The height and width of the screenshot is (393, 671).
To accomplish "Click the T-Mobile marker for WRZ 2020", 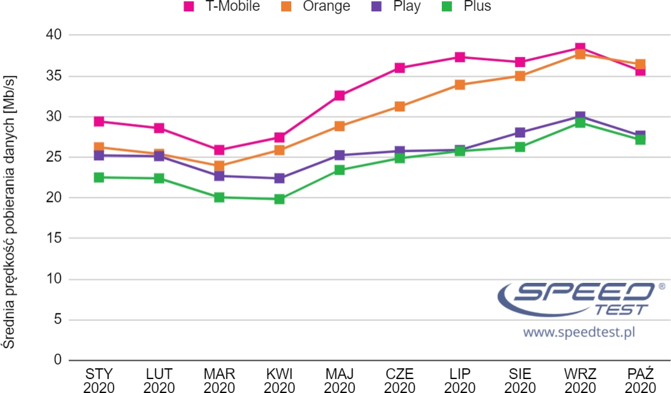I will pyautogui.click(x=580, y=48).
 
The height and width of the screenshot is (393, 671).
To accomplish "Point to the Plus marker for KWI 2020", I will pyautogui.click(x=279, y=199).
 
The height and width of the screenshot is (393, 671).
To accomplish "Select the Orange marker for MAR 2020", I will pyautogui.click(x=219, y=166).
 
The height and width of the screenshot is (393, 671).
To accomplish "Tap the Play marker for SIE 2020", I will pyautogui.click(x=520, y=132).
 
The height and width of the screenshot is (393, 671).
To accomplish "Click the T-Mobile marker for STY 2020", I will pyautogui.click(x=99, y=122).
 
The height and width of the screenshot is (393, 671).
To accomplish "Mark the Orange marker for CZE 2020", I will pyautogui.click(x=399, y=106).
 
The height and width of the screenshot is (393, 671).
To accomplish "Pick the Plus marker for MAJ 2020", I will pyautogui.click(x=339, y=170).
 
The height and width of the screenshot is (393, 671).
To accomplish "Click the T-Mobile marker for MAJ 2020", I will pyautogui.click(x=339, y=96).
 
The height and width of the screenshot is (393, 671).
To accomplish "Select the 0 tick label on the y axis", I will pyautogui.click(x=57, y=360).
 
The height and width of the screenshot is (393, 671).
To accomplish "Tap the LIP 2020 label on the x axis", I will pyautogui.click(x=460, y=380).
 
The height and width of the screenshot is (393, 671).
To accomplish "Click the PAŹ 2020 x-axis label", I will pyautogui.click(x=640, y=380).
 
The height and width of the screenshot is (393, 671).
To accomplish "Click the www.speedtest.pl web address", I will pyautogui.click(x=579, y=332).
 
